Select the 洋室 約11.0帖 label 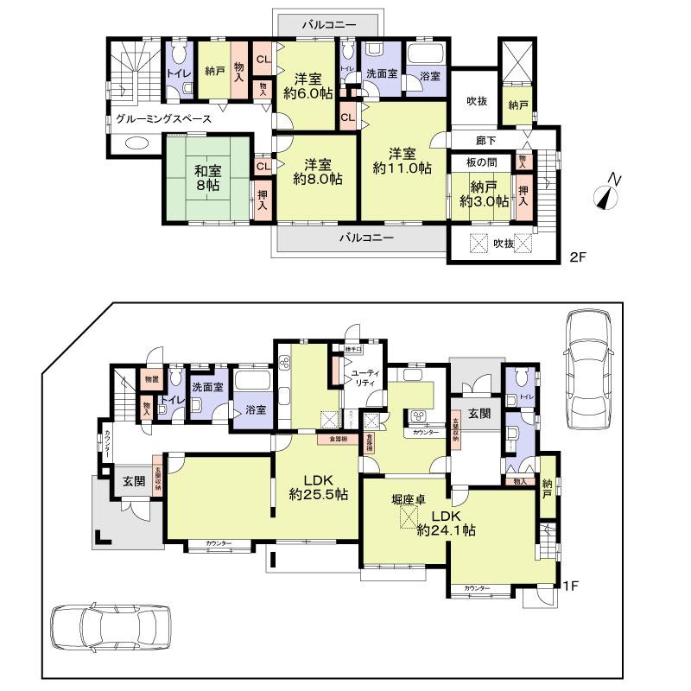coord(403,162)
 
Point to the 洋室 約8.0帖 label coord(317,172)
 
